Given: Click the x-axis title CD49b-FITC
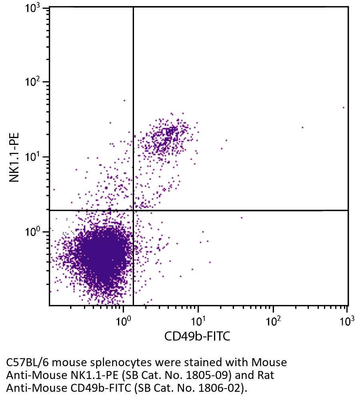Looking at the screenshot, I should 197,336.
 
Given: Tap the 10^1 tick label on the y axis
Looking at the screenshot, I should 33,157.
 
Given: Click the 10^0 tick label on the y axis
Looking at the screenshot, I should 33,231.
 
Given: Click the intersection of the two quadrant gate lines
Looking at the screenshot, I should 133,210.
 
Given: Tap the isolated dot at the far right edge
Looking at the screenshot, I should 343,108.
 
